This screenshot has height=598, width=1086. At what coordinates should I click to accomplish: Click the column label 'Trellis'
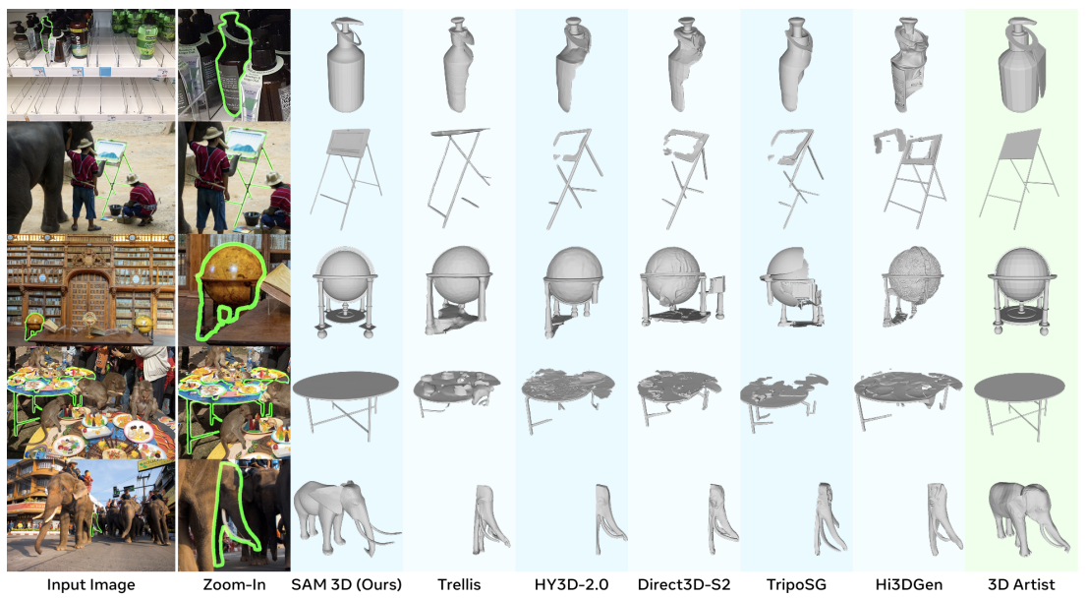coord(459,584)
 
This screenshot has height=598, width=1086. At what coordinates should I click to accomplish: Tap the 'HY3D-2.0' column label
coord(571,584)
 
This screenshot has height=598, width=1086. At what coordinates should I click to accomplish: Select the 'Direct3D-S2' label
coord(684,584)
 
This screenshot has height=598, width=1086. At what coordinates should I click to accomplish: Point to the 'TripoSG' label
coord(796,584)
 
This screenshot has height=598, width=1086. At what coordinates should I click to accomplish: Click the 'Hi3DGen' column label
coord(909,584)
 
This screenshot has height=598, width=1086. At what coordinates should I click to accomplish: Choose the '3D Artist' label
coord(1021,584)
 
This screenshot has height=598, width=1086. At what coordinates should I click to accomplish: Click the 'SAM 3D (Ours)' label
coord(346,584)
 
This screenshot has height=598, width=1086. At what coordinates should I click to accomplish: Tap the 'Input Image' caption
coord(90,584)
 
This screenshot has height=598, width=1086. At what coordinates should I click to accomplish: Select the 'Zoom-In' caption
coord(234,584)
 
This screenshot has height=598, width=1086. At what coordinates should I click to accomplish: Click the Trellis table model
coord(457,392)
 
